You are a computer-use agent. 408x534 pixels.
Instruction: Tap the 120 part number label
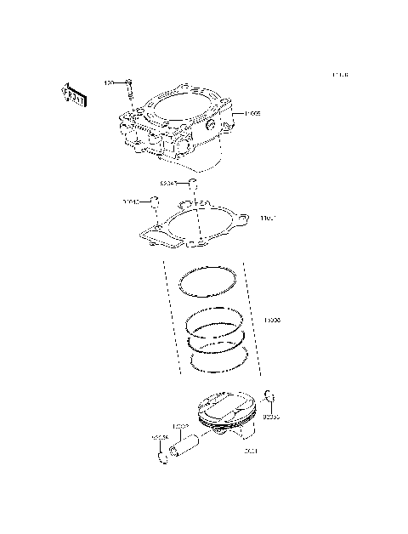pos(109,82)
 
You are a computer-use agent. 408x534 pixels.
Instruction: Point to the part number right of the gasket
pos(267,219)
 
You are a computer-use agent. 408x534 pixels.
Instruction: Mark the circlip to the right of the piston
pos(270,395)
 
